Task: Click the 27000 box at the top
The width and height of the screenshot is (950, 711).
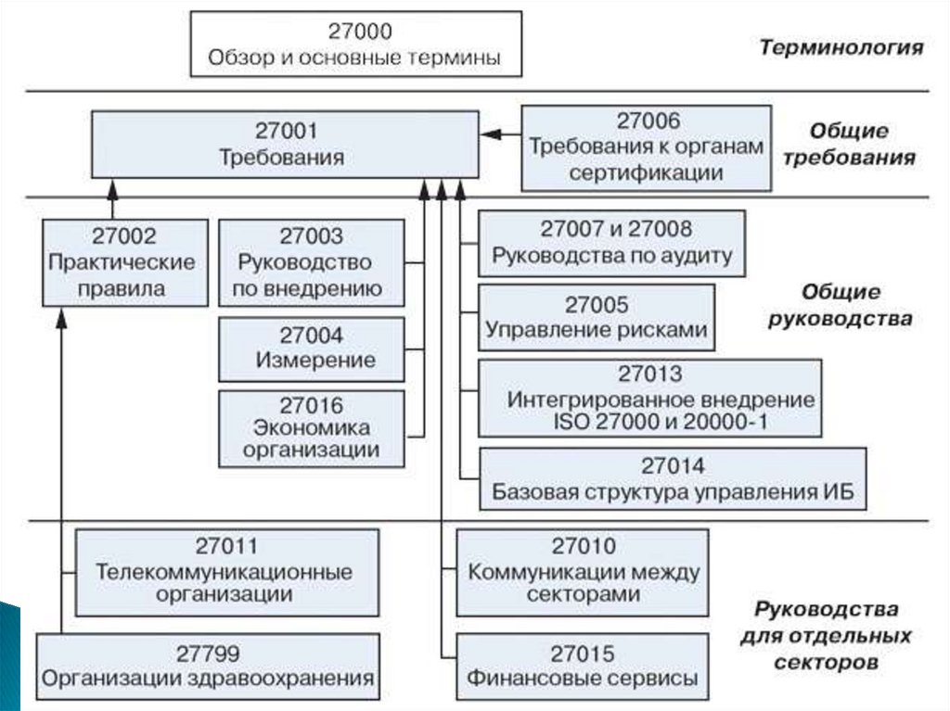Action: tap(355, 44)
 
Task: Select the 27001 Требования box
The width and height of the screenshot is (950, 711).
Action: tap(283, 144)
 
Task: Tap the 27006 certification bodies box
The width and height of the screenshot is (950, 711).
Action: tap(646, 147)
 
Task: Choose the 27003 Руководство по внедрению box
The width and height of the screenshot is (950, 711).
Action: tap(311, 261)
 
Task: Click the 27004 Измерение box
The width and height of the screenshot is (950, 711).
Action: tap(311, 348)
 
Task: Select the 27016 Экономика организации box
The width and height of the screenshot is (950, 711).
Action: tap(311, 427)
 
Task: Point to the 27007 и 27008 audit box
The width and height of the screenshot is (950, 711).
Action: tap(611, 243)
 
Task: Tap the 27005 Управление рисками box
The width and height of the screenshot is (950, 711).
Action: tap(596, 317)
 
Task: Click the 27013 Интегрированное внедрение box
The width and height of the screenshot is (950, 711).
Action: tap(649, 399)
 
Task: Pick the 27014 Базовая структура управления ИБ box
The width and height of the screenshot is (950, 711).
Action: tap(674, 478)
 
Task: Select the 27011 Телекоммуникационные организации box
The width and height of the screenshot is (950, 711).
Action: tap(226, 571)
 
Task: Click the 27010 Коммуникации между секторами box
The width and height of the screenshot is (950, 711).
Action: tap(584, 571)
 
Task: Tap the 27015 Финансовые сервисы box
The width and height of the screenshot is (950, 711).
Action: tap(584, 667)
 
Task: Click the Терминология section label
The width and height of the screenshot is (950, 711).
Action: tap(841, 47)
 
